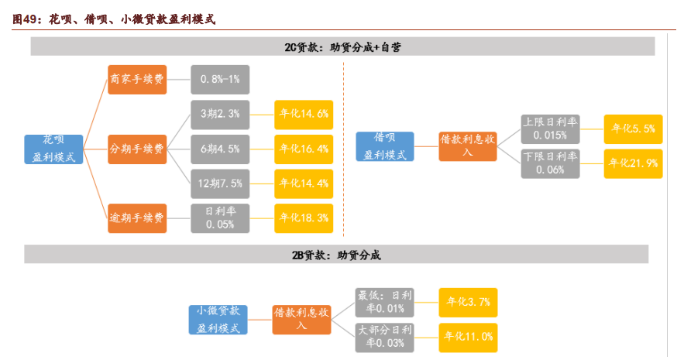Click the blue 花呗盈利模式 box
coord(53,148)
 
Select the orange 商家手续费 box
coord(137,79)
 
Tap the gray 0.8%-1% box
coord(220,79)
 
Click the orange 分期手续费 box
coord(137,148)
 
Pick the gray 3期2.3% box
coord(220,113)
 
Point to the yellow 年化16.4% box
coord(304,148)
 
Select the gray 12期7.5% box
coord(220,183)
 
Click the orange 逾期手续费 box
coord(137,218)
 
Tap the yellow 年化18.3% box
coord(304,218)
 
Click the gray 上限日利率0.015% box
coord(550,129)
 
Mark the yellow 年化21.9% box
coord(633,163)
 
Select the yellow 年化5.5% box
coord(633,129)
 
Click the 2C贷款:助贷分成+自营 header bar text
coord(342,47)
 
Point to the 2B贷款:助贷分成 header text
coord(336,255)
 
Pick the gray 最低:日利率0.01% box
coord(385,302)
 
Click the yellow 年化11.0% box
coord(468,338)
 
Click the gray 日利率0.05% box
coord(220,218)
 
